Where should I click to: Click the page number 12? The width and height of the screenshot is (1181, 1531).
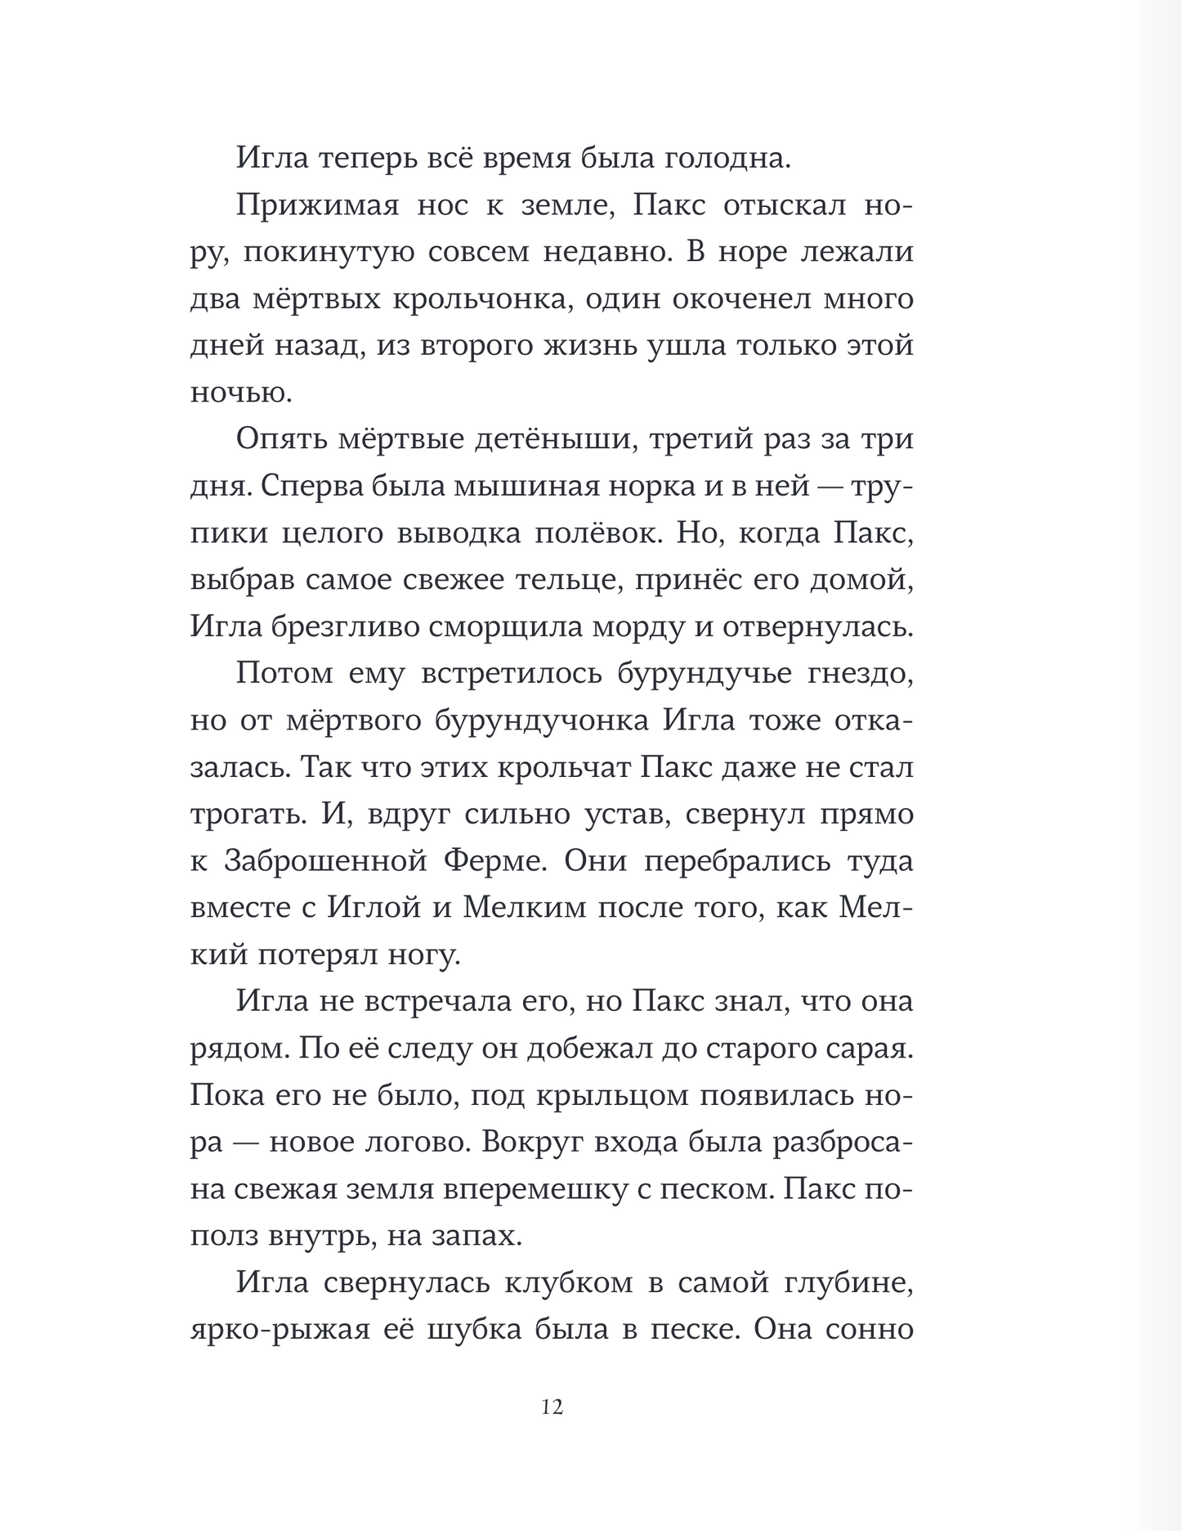[552, 1407]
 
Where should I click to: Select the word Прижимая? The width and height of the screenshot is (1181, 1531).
[317, 206]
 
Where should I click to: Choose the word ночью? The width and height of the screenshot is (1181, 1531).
[241, 393]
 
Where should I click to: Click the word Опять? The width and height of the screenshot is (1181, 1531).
[281, 439]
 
